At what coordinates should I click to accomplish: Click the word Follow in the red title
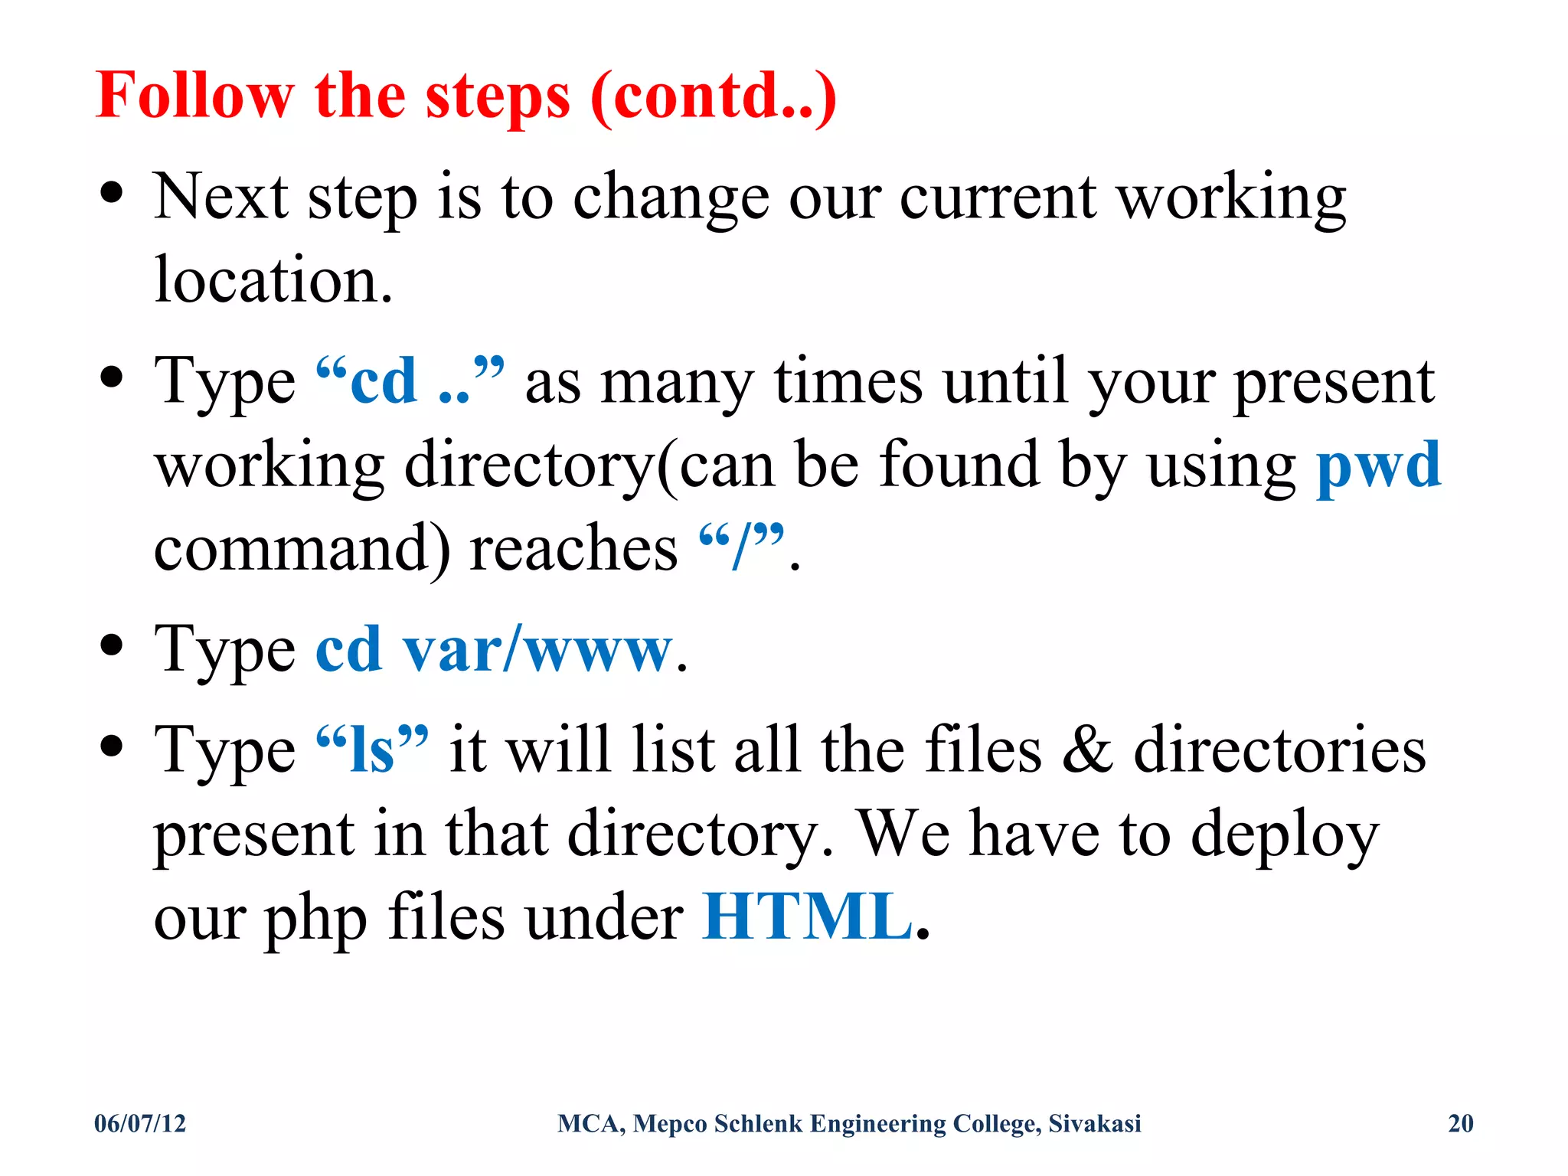click(194, 96)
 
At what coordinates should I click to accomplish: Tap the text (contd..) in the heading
click(714, 96)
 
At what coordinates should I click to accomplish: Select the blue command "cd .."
click(410, 381)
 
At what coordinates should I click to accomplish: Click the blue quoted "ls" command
click(372, 750)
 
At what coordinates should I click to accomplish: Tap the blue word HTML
click(808, 916)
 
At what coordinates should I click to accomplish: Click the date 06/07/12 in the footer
click(140, 1123)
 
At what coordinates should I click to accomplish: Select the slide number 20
click(1461, 1123)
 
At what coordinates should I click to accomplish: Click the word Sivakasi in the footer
click(1094, 1123)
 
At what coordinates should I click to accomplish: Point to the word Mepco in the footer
click(670, 1123)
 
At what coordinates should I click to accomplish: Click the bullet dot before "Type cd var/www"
click(112, 645)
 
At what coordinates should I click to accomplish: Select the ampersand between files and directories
click(1087, 750)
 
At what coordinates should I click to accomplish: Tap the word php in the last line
click(315, 918)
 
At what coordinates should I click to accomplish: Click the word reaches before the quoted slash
click(573, 549)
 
